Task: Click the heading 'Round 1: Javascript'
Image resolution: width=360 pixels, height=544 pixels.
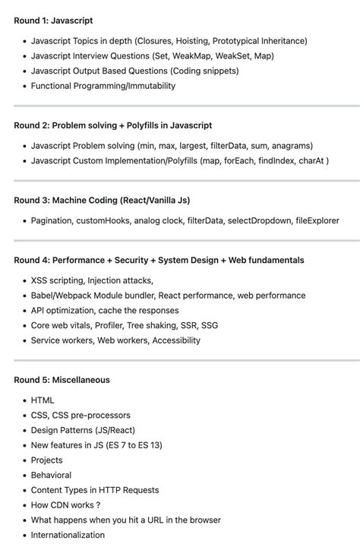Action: tap(53, 21)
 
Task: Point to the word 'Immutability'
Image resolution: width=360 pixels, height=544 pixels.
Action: tap(150, 86)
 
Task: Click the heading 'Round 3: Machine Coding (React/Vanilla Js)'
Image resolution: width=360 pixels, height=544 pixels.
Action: tap(102, 200)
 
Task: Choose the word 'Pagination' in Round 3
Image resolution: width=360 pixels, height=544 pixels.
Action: tap(51, 220)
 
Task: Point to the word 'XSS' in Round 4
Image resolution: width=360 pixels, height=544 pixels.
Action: tap(39, 280)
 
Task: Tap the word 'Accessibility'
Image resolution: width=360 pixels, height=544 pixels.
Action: tap(176, 340)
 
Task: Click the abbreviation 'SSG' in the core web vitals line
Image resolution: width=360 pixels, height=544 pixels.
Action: tap(210, 325)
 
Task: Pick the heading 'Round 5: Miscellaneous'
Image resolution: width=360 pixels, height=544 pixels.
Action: tap(62, 380)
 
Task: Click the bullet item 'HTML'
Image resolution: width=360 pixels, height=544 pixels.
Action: tap(43, 400)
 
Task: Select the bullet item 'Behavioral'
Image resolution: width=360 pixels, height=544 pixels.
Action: tap(51, 475)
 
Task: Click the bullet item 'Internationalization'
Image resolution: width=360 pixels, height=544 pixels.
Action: tap(68, 535)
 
